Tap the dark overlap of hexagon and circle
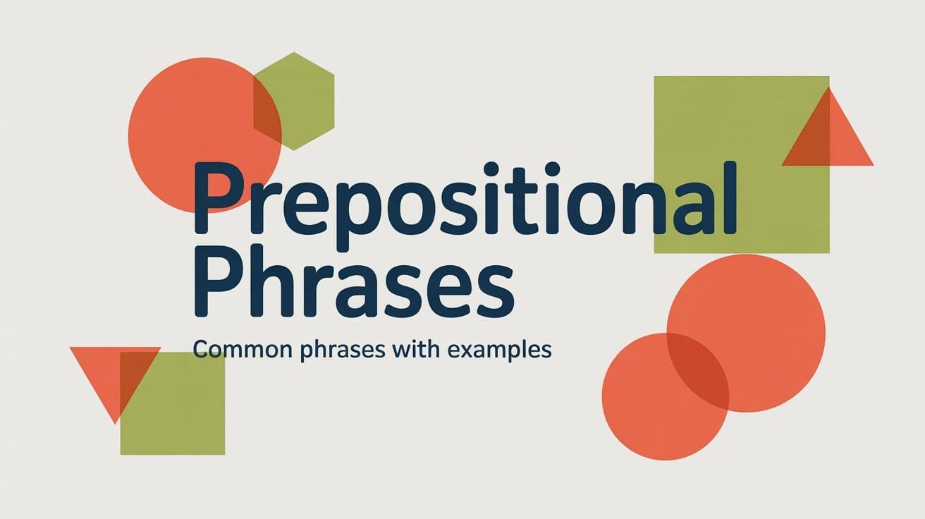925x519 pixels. [x=267, y=113]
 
